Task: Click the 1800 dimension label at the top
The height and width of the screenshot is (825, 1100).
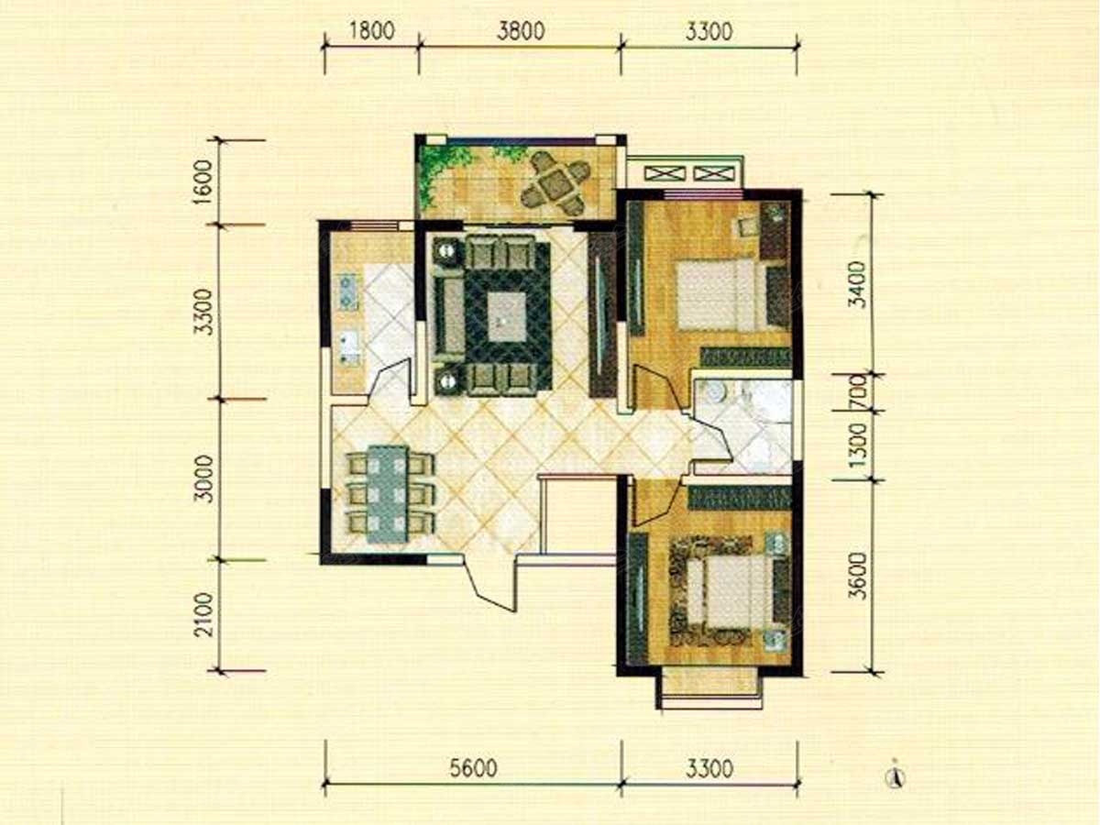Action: (x=371, y=30)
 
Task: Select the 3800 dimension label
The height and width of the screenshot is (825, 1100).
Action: (x=521, y=31)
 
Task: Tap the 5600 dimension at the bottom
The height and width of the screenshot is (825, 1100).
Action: (x=473, y=768)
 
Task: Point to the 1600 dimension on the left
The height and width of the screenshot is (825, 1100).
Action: (x=203, y=180)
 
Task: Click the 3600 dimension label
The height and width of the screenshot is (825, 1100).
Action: (x=857, y=577)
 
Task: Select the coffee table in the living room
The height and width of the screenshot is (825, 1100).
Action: (x=507, y=316)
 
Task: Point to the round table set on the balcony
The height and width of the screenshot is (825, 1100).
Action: (x=555, y=184)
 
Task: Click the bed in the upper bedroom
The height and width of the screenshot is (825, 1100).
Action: (x=722, y=294)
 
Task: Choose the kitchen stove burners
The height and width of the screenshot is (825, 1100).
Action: (x=346, y=291)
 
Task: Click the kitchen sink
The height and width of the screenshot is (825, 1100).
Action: (x=349, y=346)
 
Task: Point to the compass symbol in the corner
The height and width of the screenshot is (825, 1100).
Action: (x=894, y=779)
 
